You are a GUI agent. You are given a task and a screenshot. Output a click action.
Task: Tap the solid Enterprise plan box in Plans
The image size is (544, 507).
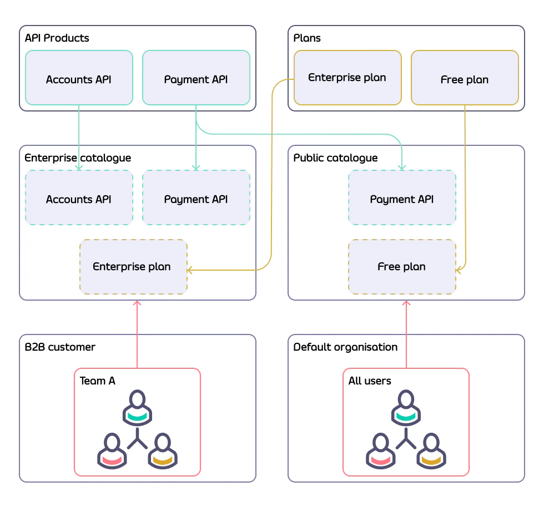pyautogui.click(x=347, y=78)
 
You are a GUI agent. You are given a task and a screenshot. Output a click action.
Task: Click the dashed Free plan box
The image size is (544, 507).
pyautogui.click(x=402, y=267)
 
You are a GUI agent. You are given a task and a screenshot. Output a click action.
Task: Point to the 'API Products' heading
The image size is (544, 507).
pyautogui.click(x=57, y=38)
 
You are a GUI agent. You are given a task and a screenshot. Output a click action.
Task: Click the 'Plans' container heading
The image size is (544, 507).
pyautogui.click(x=307, y=38)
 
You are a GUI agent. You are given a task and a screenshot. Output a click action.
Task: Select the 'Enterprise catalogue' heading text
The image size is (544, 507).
pyautogui.click(x=78, y=158)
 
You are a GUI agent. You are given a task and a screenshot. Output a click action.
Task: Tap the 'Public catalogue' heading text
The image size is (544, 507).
pyautogui.click(x=335, y=158)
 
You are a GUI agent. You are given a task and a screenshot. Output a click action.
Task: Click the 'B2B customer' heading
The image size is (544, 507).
pyautogui.click(x=60, y=347)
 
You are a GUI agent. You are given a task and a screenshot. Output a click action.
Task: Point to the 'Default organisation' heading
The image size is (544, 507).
pyautogui.click(x=345, y=347)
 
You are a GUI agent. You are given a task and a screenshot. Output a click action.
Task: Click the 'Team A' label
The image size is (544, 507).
pyautogui.click(x=98, y=381)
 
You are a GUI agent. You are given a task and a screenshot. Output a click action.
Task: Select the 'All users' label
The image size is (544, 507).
pyautogui.click(x=370, y=381)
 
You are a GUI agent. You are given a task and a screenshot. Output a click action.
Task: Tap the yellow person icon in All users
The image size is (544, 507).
pyautogui.click(x=431, y=451)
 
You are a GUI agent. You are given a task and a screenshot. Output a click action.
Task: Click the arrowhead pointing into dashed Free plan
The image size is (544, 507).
pyautogui.click(x=459, y=270)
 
